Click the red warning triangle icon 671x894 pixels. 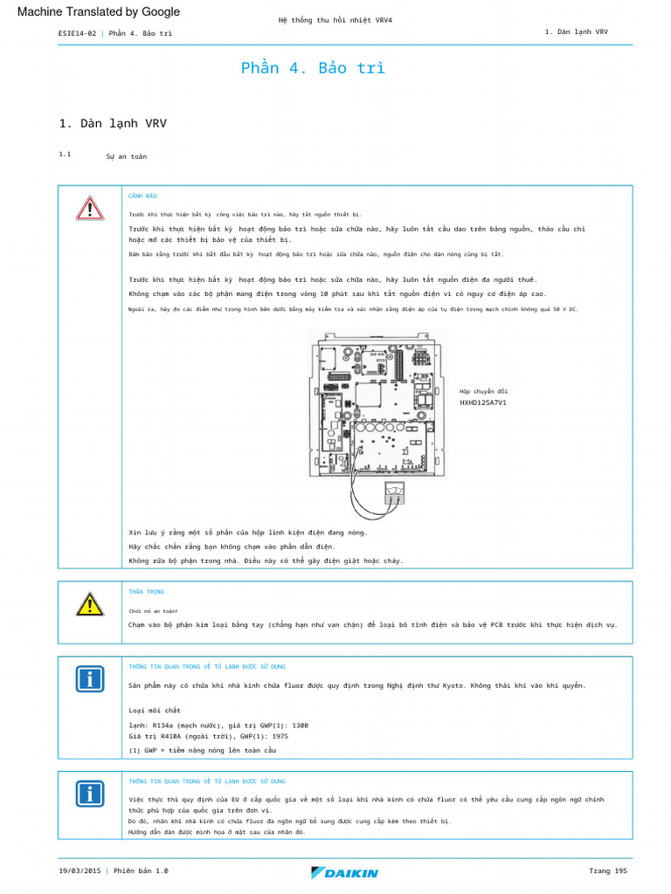(x=89, y=209)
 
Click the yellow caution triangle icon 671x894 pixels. (x=89, y=603)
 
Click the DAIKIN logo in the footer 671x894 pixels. (x=344, y=872)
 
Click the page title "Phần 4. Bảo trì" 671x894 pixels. (x=312, y=68)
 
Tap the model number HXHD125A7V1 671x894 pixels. (x=483, y=403)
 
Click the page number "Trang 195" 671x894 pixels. (x=608, y=870)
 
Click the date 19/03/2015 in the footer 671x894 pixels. (x=80, y=870)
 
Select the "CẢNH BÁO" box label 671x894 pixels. (x=142, y=196)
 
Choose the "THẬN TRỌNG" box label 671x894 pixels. (x=146, y=592)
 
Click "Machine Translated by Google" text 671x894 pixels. (x=99, y=12)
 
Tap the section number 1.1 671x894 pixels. (x=65, y=155)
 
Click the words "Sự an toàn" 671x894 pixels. (x=126, y=156)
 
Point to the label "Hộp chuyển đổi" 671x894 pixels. (x=483, y=391)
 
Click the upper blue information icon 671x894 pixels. (x=89, y=679)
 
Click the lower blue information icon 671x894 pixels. (x=89, y=793)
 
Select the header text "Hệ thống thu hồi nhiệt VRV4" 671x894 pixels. (x=335, y=19)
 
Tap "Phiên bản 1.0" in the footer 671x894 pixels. (x=140, y=870)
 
